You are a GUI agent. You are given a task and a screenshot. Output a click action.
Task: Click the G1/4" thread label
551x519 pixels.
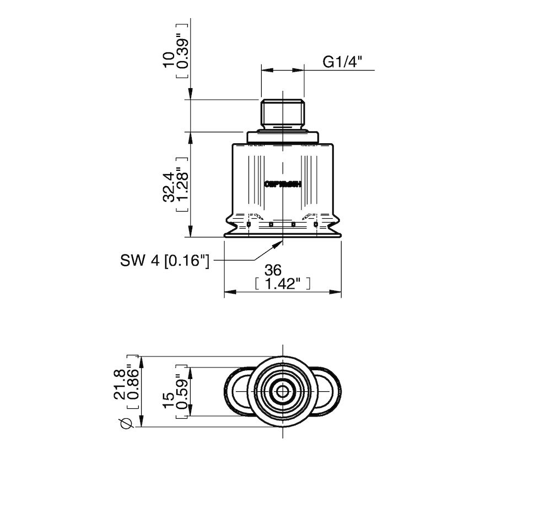click(x=341, y=62)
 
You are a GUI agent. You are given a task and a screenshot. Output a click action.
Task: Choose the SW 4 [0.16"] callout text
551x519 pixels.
click(x=165, y=260)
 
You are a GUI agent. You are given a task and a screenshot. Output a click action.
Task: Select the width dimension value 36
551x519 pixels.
click(x=273, y=270)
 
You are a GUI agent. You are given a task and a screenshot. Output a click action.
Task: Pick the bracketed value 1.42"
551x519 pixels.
click(x=283, y=284)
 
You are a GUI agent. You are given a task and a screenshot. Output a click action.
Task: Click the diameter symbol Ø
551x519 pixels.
click(x=126, y=423)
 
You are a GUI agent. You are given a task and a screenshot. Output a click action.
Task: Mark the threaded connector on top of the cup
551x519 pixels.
click(x=283, y=114)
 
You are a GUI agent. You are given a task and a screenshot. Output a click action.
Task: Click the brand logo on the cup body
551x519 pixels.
click(x=283, y=185)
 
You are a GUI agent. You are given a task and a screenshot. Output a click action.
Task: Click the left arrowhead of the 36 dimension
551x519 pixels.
click(x=228, y=291)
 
